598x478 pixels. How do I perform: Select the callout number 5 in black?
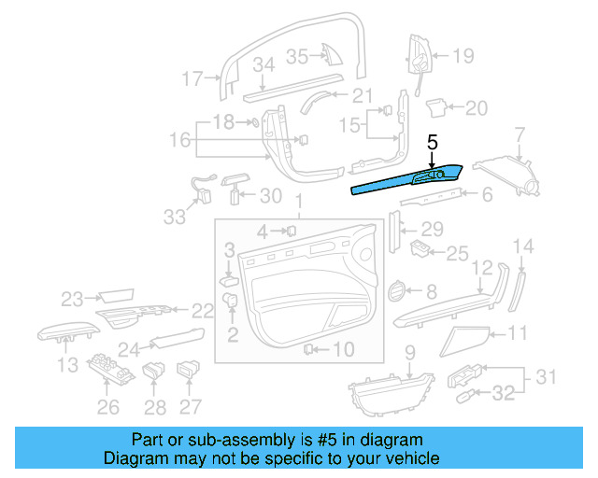(432, 143)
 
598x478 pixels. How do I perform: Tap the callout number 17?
(192, 78)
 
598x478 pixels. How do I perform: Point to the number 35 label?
(296, 56)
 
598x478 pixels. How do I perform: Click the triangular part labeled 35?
(331, 55)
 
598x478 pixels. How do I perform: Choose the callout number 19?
(464, 56)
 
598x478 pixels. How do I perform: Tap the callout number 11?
(517, 332)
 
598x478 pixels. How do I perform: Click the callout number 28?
(155, 406)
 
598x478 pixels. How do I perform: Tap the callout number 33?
(175, 217)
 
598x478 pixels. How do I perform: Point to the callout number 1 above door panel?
(298, 203)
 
